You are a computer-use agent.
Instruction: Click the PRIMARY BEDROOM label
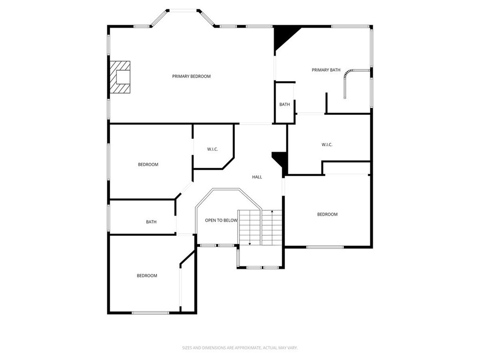click(191, 76)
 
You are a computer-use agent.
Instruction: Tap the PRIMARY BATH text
click(326, 70)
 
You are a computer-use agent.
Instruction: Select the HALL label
click(257, 177)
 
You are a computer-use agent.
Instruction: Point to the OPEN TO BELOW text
click(221, 220)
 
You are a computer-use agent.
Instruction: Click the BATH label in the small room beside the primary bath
click(285, 105)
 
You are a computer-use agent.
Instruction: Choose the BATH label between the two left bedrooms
click(151, 222)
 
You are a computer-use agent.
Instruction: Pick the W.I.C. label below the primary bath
click(327, 145)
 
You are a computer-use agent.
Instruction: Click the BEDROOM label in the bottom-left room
click(147, 276)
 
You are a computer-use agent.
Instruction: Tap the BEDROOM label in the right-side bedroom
click(327, 215)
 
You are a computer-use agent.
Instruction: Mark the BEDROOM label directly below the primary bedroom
click(148, 165)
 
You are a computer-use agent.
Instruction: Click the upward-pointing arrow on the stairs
click(272, 212)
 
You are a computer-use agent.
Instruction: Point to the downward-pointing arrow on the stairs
click(250, 243)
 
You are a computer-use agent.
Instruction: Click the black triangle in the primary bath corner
click(283, 36)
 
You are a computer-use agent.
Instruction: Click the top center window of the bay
click(183, 10)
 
